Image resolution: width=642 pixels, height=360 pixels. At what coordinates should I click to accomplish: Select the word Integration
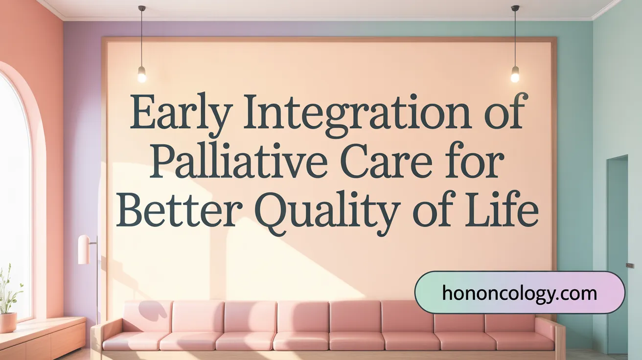point(355,114)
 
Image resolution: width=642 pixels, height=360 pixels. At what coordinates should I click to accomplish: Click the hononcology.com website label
point(519,293)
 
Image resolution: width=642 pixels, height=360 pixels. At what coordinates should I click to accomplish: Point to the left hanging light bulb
point(142,74)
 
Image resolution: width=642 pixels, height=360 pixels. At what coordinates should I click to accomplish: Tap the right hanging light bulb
point(515,74)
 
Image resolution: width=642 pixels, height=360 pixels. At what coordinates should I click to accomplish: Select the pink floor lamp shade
point(84,249)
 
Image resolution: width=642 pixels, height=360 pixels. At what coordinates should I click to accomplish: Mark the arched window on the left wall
point(15,196)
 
